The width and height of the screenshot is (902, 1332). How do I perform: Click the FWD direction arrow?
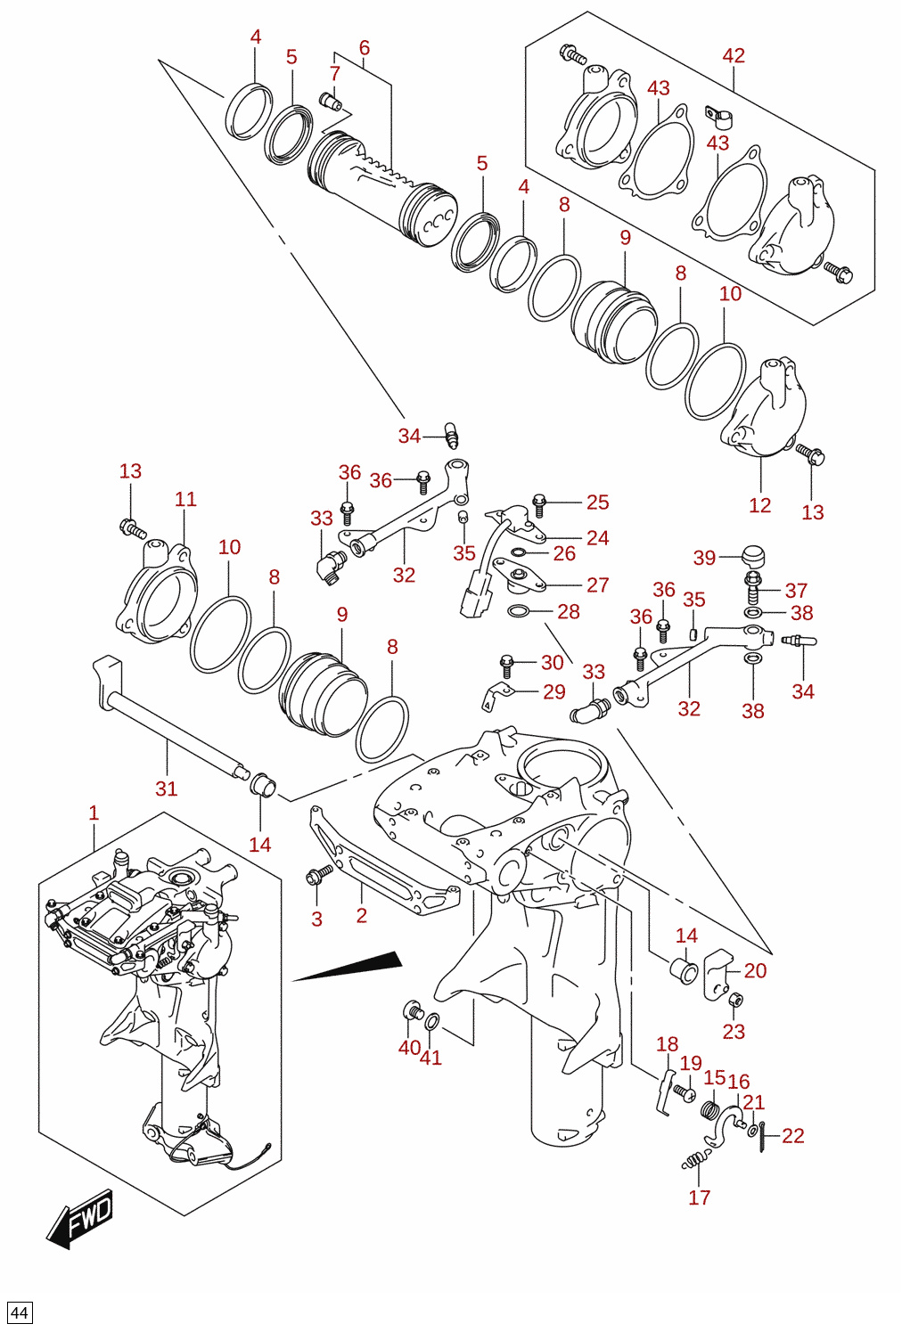coord(78,1218)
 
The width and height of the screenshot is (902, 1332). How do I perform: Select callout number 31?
coord(167,789)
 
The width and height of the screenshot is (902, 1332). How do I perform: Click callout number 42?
coord(734,55)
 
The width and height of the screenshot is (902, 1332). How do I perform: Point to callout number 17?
coord(700,1197)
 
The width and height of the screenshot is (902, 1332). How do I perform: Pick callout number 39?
coord(704,558)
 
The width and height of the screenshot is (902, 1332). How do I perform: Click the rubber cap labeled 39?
coord(752,557)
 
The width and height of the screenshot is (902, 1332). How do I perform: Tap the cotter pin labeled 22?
coord(761,1136)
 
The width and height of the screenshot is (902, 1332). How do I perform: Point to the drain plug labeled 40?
coord(412,1010)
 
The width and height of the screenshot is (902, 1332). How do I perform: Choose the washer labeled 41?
coord(433,1022)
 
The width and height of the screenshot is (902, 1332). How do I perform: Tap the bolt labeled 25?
coord(539,505)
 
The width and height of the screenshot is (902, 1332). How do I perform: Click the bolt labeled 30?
coord(507,666)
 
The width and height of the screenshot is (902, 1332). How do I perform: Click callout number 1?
coord(94,813)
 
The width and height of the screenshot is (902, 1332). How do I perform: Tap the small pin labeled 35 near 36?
coord(693,633)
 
